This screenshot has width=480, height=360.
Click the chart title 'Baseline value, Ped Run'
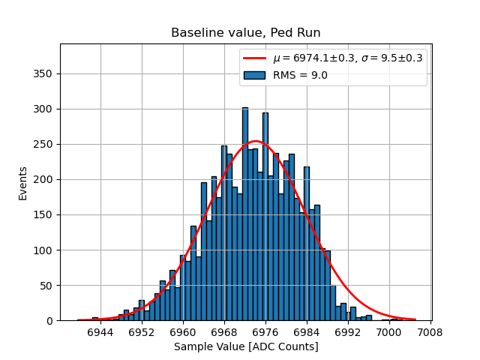pyautogui.click(x=245, y=33)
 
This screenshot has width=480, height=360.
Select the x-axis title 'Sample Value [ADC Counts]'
pyautogui.click(x=245, y=346)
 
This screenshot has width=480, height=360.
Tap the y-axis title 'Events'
pyautogui.click(x=23, y=182)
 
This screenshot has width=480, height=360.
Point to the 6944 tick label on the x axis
pyautogui.click(x=100, y=331)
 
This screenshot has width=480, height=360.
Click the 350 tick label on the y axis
pyautogui.click(x=44, y=74)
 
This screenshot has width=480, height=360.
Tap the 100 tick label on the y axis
pyautogui.click(x=44, y=250)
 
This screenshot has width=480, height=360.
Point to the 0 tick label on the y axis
pyautogui.click(x=50, y=321)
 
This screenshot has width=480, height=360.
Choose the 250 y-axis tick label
pyautogui.click(x=44, y=145)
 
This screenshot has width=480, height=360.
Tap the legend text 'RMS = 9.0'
pyautogui.click(x=299, y=75)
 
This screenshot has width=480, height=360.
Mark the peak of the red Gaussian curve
pyautogui.click(x=255, y=141)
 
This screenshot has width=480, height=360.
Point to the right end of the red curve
pyautogui.click(x=415, y=319)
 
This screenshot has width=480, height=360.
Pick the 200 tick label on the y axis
pyautogui.click(x=44, y=180)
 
